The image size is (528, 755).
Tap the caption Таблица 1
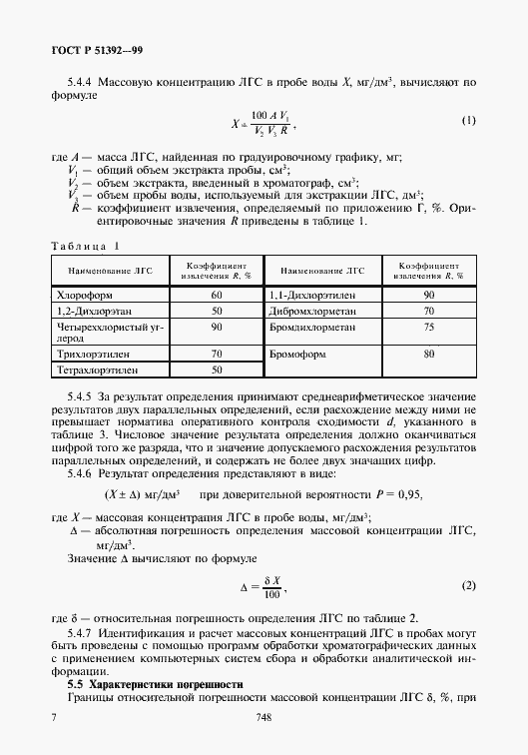click(x=85, y=245)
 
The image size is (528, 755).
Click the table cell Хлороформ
click(x=80, y=296)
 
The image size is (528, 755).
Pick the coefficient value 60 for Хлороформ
click(x=216, y=296)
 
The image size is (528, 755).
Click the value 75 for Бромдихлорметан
click(x=429, y=327)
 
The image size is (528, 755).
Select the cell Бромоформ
click(x=298, y=355)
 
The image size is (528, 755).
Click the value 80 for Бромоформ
click(x=429, y=354)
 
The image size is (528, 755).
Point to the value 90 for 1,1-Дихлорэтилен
click(x=429, y=296)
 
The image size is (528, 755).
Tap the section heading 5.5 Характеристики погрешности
click(x=155, y=684)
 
